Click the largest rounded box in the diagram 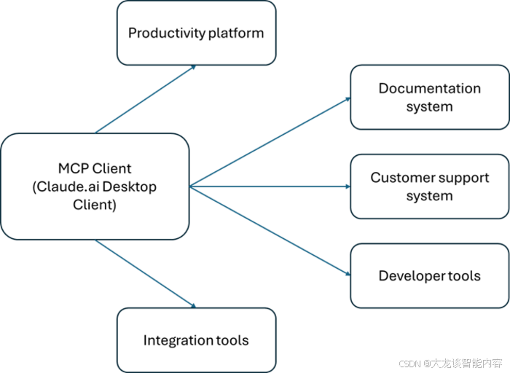pos(95,186)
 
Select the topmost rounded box pos(196,34)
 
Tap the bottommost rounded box pos(196,339)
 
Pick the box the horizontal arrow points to pos(428,186)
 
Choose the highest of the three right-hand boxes pos(428,97)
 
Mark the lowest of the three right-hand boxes pos(428,275)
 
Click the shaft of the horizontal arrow pos(270,186)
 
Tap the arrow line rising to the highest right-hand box pos(270,141)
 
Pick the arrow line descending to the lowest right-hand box pos(270,230)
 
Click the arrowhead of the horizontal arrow pos(348,186)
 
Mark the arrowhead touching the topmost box pos(193,68)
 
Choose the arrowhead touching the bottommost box pos(193,305)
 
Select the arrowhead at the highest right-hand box pos(347,98)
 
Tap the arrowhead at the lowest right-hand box pos(347,273)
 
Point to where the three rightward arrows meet pos(191,186)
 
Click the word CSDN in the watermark pos(409,362)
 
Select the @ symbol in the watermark pos(425,362)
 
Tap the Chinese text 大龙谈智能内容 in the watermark pos(466,362)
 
